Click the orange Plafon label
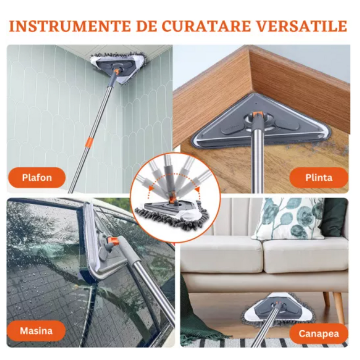tap(37, 178)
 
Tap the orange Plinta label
tap(319, 178)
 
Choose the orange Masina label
tap(36, 331)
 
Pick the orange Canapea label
tap(319, 334)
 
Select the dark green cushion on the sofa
tap(334, 217)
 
